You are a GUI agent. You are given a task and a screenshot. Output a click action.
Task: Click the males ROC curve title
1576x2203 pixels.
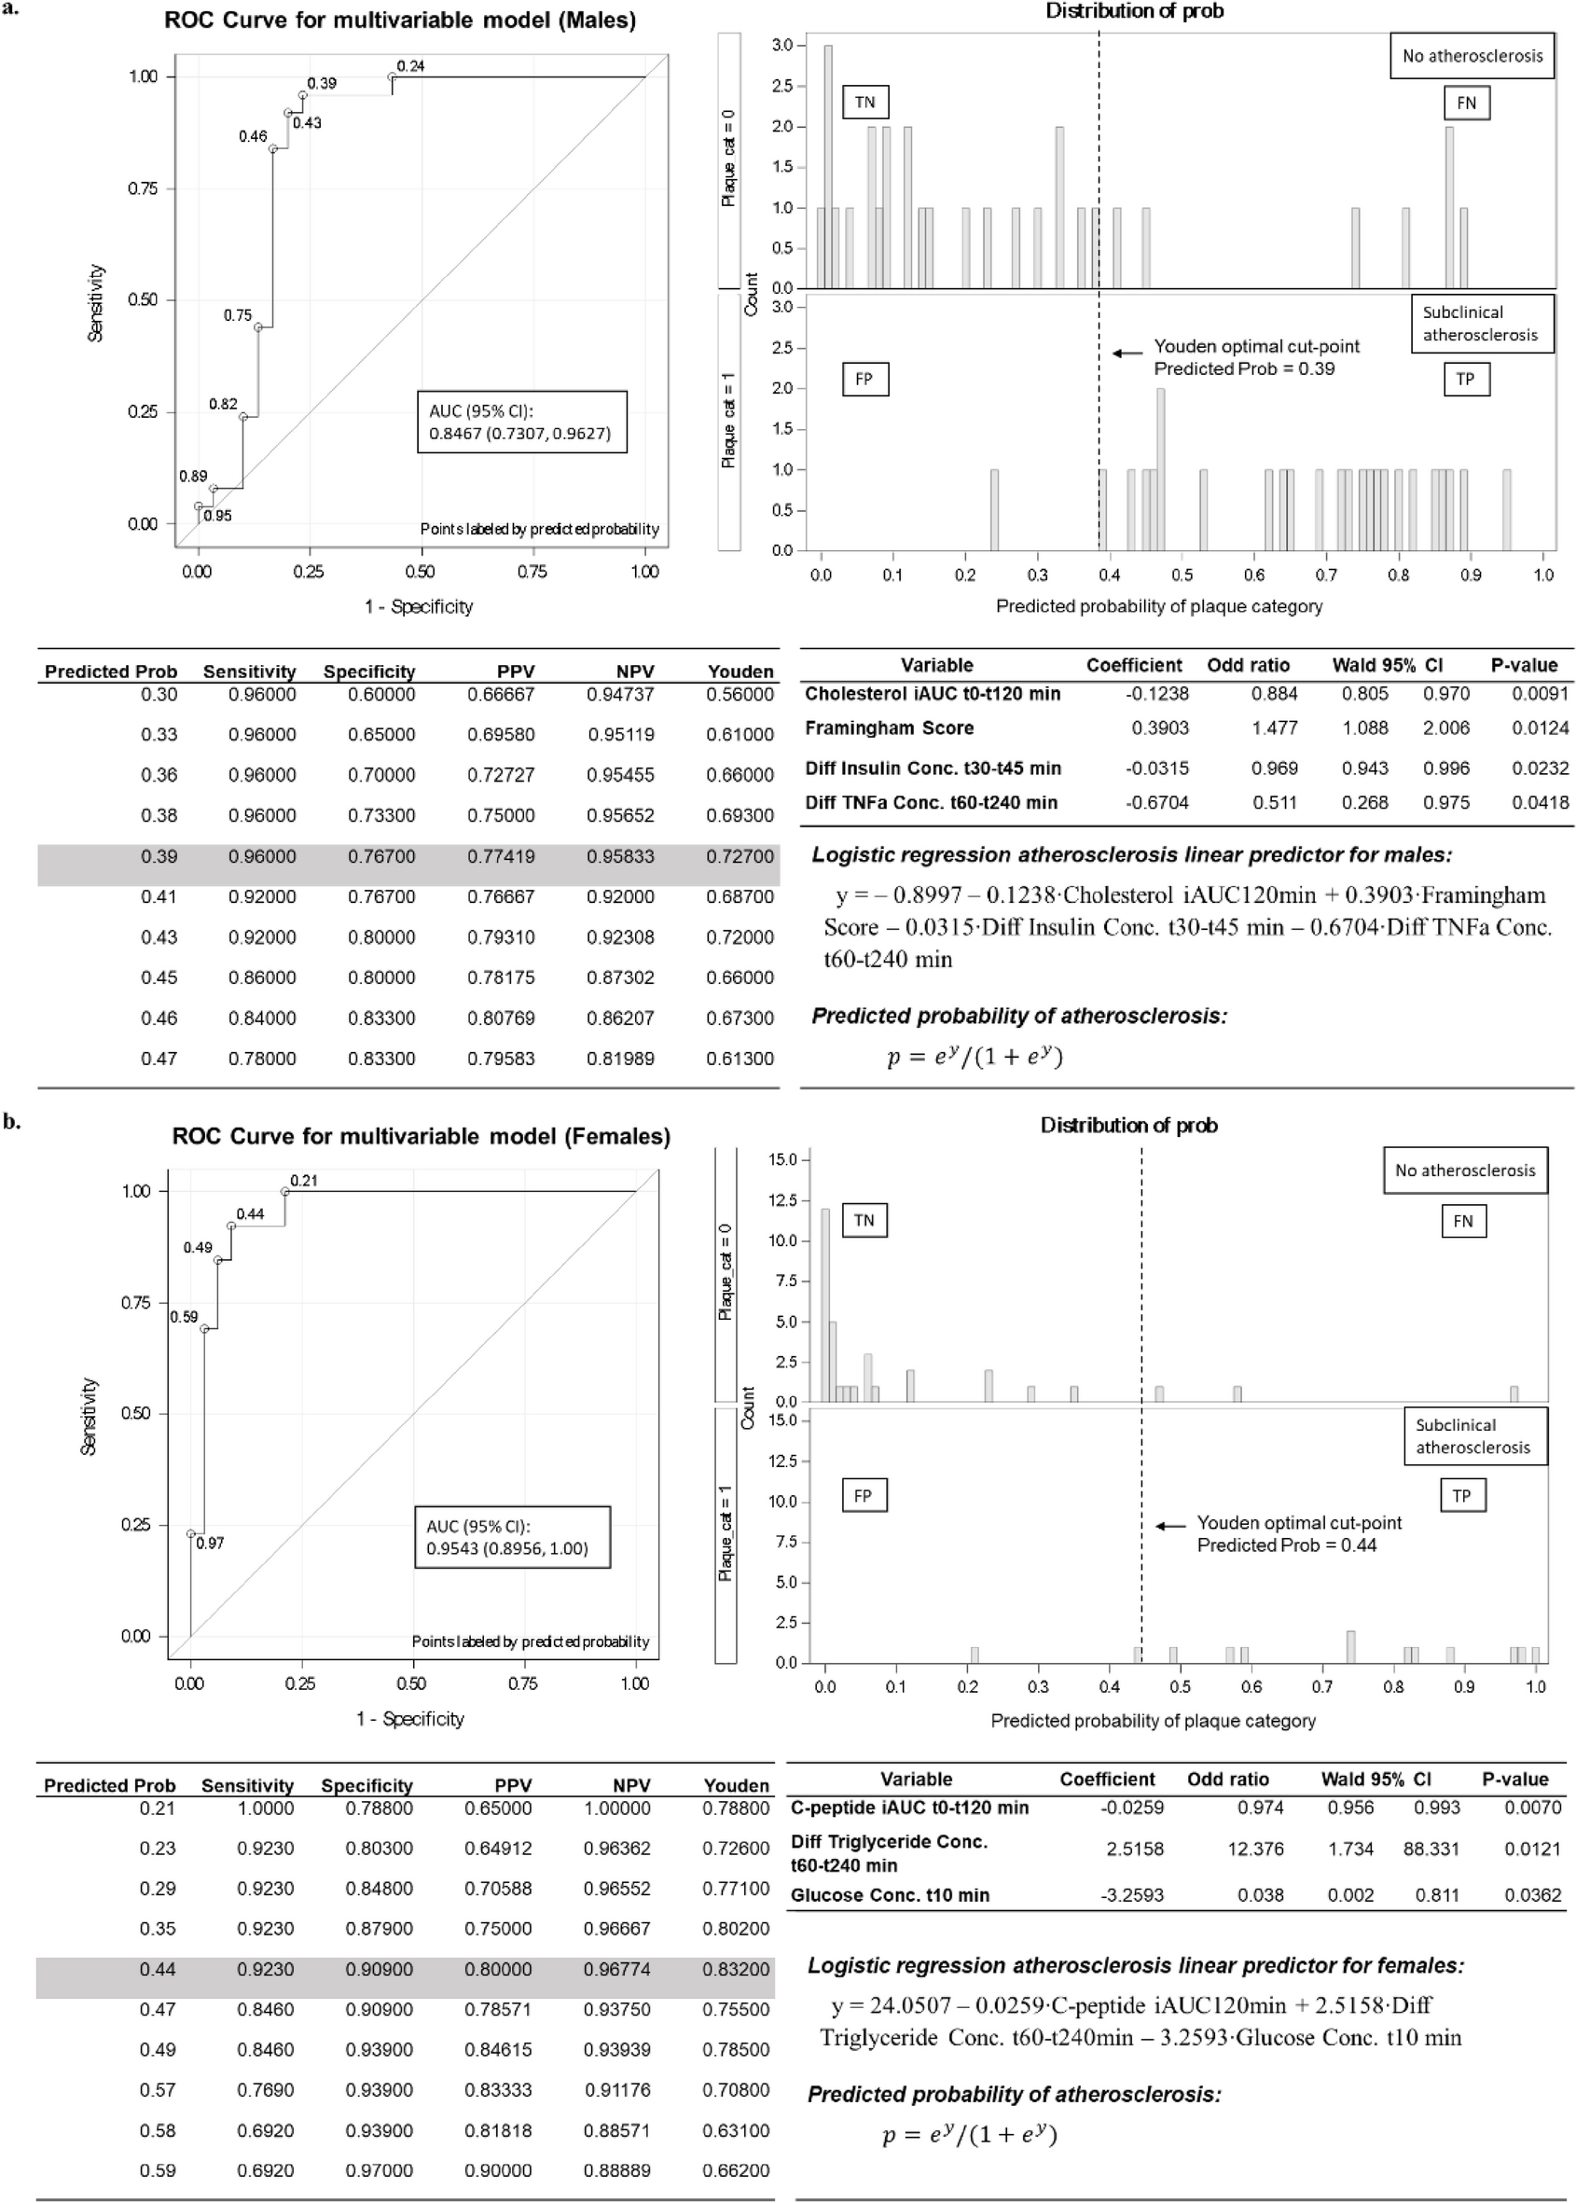point(400,21)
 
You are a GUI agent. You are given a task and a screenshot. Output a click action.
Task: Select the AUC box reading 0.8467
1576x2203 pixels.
point(520,423)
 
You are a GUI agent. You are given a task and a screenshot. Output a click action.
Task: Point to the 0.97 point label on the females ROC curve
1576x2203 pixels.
point(211,1542)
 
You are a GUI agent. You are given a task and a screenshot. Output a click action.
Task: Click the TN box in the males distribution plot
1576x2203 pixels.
point(864,102)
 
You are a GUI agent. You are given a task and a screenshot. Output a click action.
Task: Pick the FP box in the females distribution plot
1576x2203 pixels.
point(863,1495)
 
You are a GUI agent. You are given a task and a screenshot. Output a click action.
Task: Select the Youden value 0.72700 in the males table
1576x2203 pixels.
point(740,856)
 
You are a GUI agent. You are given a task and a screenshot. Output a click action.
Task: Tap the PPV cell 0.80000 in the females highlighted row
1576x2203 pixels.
point(499,1969)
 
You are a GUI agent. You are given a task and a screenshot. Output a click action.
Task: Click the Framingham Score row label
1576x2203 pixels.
point(889,727)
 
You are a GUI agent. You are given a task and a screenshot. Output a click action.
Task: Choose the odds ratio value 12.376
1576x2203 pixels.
point(1255,1849)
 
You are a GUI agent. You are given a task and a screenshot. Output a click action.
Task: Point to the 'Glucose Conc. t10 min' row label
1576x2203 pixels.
point(890,1895)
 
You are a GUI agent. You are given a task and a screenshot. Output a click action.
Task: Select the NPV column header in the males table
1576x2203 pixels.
point(634,672)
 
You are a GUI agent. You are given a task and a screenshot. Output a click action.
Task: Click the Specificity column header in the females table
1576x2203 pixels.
point(366,1786)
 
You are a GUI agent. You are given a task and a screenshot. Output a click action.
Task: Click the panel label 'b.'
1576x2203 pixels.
point(11,1122)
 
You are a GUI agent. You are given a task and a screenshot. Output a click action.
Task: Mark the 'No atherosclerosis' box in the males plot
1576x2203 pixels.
point(1472,56)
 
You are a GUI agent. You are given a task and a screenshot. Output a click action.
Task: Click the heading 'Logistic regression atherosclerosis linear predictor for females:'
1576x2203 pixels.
point(1136,1965)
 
